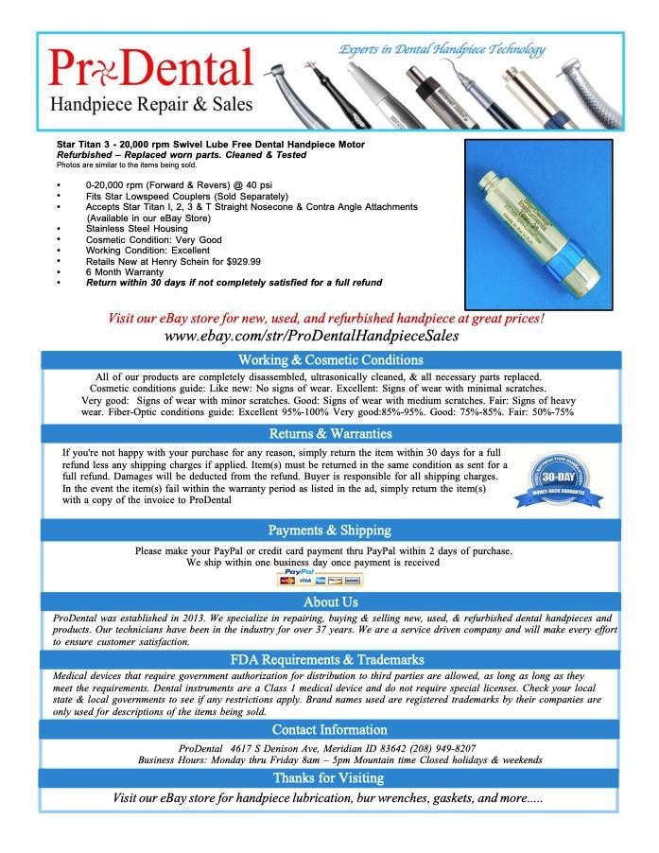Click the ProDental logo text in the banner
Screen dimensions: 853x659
[151, 69]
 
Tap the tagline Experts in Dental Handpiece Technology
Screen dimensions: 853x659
[442, 49]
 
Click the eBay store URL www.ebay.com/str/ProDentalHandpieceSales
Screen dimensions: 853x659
[325, 336]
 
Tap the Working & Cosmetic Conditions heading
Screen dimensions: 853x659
[330, 360]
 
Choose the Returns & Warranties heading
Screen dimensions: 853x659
[330, 434]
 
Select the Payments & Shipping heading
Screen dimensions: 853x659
[330, 530]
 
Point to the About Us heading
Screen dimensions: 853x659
[330, 601]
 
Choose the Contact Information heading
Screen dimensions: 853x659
[330, 729]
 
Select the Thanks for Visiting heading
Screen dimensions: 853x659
[330, 777]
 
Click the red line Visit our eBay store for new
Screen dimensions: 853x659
[325, 319]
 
